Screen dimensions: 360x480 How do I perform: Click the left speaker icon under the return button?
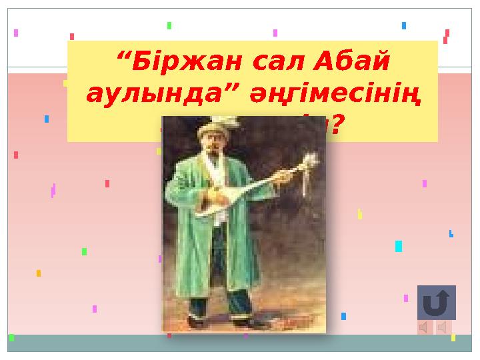tap(425, 327)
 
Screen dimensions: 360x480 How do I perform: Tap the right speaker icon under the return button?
tap(443, 327)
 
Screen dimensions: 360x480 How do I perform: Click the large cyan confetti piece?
tap(398, 246)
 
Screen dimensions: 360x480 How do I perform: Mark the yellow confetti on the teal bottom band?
tap(453, 338)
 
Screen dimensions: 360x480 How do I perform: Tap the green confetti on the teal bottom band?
tap(11, 338)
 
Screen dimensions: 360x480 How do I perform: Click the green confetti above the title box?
tap(169, 25)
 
